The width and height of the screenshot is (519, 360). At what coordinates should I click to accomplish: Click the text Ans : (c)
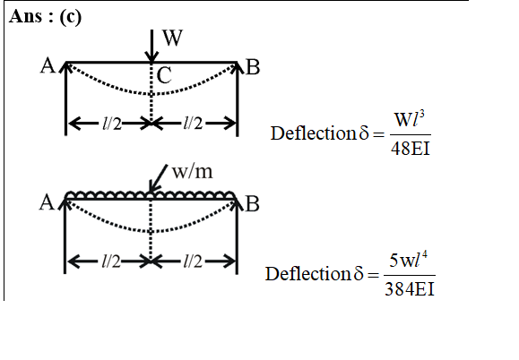[45, 16]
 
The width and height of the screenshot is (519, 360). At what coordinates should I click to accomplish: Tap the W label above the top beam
[172, 38]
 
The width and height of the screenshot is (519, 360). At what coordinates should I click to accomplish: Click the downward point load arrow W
[151, 46]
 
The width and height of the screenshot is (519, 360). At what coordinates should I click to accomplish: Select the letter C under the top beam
[164, 75]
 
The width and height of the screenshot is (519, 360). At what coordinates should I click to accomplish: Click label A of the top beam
[48, 65]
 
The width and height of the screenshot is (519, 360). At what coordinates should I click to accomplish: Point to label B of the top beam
[253, 67]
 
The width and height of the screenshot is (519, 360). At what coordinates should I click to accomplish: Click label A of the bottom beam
[47, 202]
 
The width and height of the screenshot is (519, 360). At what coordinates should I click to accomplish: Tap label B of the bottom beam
[252, 204]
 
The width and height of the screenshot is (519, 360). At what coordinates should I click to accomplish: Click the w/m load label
[193, 172]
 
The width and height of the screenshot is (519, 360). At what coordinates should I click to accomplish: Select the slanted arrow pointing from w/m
[159, 178]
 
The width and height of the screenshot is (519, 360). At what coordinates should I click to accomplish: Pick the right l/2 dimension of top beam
[193, 124]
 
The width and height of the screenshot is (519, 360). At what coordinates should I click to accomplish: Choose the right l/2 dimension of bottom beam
[193, 261]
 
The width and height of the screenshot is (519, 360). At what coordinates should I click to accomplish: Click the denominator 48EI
[411, 148]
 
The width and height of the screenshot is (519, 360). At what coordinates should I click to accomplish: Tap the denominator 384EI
[410, 289]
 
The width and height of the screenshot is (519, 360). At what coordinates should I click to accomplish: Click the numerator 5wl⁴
[408, 260]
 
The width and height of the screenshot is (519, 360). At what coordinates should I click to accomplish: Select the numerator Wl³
[410, 119]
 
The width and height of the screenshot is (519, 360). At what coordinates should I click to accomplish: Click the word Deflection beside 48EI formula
[313, 133]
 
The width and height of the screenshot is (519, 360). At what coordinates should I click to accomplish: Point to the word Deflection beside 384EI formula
[307, 274]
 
